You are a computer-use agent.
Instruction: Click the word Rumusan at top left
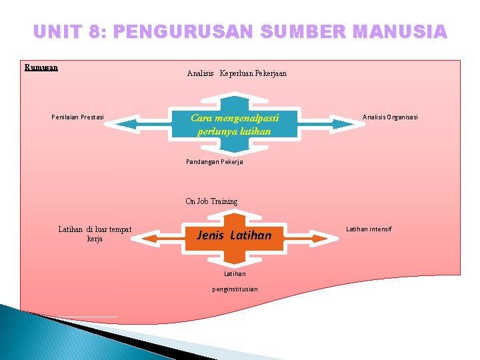pyautogui.click(x=41, y=67)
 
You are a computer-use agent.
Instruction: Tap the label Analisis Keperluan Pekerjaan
pyautogui.click(x=237, y=73)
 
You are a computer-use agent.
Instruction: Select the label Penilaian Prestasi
pyautogui.click(x=77, y=117)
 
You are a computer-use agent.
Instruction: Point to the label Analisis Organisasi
pyautogui.click(x=390, y=117)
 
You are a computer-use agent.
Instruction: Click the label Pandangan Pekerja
pyautogui.click(x=214, y=161)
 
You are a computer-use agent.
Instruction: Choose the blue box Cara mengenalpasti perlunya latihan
pyautogui.click(x=234, y=124)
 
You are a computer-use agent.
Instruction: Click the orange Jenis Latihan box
pyautogui.click(x=234, y=235)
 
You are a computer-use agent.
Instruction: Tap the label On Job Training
pyautogui.click(x=211, y=201)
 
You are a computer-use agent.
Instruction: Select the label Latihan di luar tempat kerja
pyautogui.click(x=95, y=234)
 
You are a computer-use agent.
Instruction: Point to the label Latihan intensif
pyautogui.click(x=369, y=229)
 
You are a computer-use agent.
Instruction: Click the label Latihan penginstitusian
pyautogui.click(x=235, y=281)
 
